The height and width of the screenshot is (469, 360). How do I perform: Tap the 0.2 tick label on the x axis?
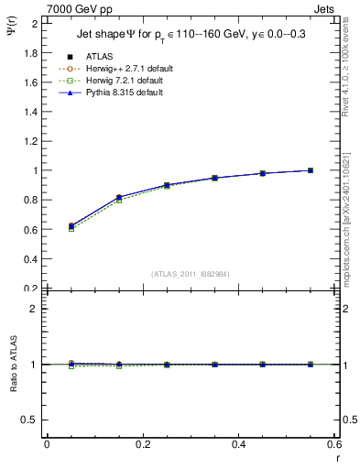[143, 444]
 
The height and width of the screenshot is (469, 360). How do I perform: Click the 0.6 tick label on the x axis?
[333, 444]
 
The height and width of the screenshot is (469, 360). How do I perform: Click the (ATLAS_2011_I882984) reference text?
[191, 275]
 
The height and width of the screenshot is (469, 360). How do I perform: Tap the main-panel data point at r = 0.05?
[71, 225]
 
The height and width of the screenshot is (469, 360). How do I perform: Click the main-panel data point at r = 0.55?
[311, 170]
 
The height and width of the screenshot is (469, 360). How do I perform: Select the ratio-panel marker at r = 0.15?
[119, 365]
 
